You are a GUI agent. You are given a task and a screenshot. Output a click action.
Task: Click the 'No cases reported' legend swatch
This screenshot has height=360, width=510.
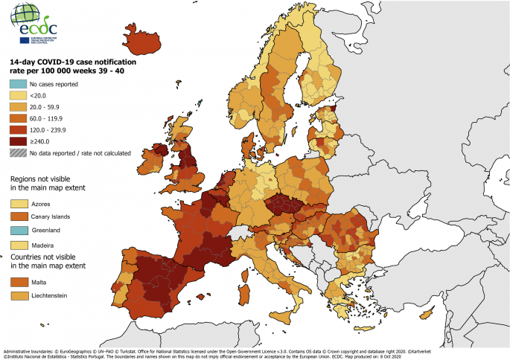tap(17, 84)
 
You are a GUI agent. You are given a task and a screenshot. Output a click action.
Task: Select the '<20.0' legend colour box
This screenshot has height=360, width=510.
tap(17, 96)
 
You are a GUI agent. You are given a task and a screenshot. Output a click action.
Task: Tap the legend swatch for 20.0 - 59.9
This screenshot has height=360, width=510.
tap(17, 107)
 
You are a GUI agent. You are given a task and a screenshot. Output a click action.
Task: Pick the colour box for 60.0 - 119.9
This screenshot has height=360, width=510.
tap(17, 118)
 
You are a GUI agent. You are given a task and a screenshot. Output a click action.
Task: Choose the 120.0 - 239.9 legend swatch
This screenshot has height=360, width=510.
tap(17, 129)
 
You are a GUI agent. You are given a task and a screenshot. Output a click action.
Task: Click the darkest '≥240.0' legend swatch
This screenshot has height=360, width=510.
tap(17, 141)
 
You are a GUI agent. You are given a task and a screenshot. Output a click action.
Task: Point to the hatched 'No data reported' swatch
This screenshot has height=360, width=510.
tap(17, 152)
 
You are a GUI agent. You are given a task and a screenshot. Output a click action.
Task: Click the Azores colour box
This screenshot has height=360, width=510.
tap(17, 203)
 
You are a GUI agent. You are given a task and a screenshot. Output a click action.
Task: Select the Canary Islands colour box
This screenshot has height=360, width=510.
tap(17, 216)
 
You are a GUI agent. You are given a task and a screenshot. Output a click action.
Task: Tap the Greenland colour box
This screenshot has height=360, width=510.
tap(17, 231)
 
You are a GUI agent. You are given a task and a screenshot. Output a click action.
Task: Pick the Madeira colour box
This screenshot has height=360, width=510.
tap(17, 245)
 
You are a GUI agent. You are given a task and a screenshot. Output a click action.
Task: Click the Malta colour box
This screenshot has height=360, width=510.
tap(17, 282)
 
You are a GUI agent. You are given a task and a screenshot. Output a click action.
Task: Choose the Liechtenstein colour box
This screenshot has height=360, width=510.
tap(17, 296)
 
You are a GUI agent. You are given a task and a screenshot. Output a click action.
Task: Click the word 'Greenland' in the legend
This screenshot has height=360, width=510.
tap(45, 231)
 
